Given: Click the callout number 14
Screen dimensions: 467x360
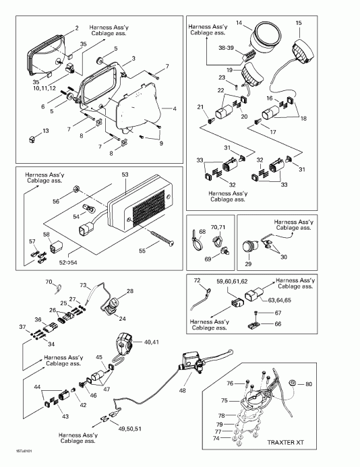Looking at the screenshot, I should [x=258, y=23].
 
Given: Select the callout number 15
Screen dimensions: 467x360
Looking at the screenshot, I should [x=298, y=24].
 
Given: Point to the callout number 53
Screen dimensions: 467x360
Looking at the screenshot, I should [x=124, y=175].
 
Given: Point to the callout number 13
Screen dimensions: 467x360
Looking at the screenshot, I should [x=46, y=131].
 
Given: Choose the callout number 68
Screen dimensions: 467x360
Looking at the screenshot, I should [x=201, y=232].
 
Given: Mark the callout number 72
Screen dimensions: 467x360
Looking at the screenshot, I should [x=197, y=280].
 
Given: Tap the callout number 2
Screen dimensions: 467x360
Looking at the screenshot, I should [x=77, y=28].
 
